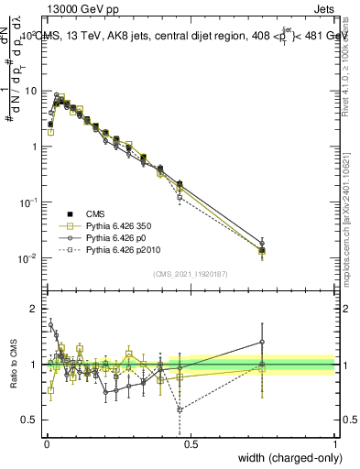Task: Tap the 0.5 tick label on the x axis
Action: click(191, 443)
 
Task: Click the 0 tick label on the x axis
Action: click(45, 443)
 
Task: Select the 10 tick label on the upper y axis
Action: click(31, 92)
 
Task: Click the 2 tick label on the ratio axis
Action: click(35, 309)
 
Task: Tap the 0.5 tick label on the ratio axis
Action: click(31, 420)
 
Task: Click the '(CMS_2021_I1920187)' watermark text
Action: click(191, 274)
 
